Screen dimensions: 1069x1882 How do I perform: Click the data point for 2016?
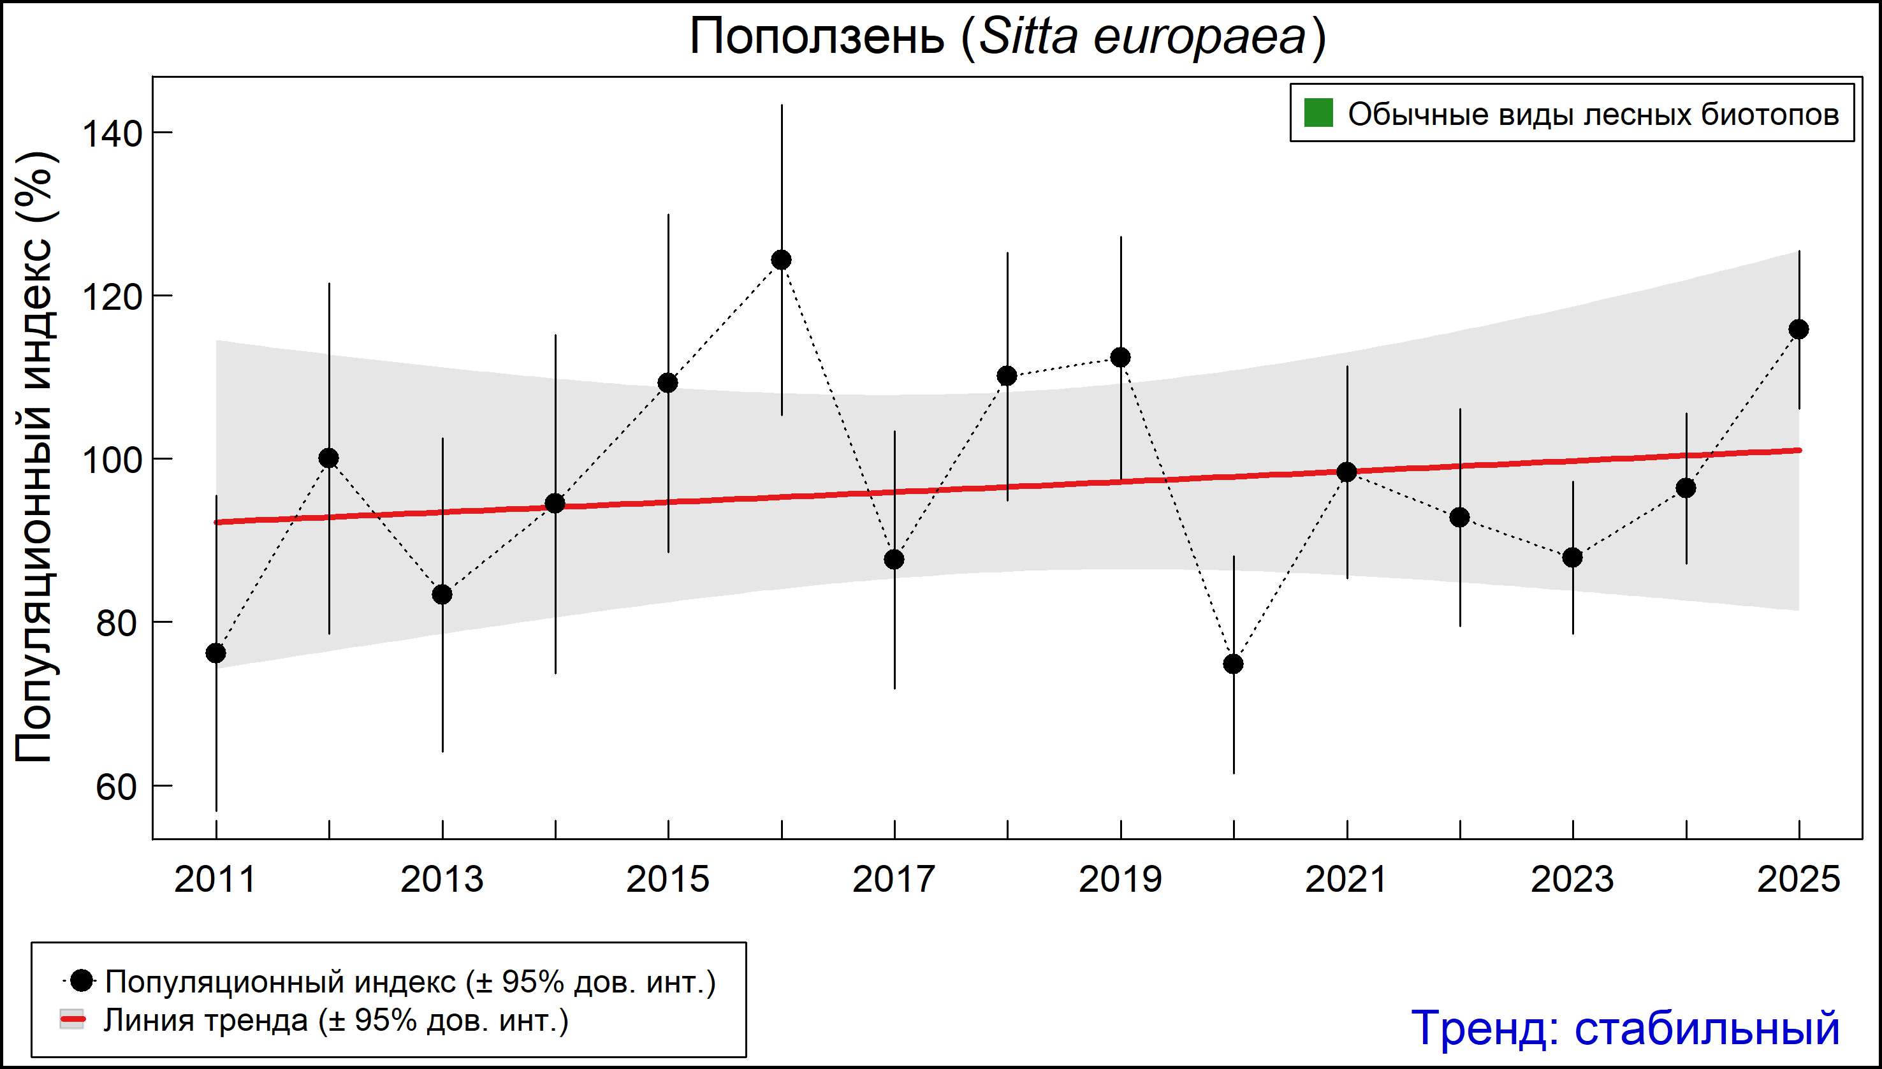click(x=781, y=260)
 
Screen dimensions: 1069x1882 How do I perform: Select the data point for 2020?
click(x=1234, y=664)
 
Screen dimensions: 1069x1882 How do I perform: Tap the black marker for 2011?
click(x=216, y=653)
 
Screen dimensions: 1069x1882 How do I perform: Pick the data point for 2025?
click(x=1798, y=329)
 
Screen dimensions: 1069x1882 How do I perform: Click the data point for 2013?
click(x=442, y=594)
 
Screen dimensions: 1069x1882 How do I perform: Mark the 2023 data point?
click(x=1572, y=557)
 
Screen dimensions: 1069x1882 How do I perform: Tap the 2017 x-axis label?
click(x=894, y=879)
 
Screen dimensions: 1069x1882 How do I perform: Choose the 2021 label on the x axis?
click(x=1346, y=879)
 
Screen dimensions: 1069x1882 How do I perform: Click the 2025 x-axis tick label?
click(x=1798, y=879)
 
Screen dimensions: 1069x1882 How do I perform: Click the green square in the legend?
click(x=1318, y=113)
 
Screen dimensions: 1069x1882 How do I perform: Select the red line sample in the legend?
click(x=72, y=1019)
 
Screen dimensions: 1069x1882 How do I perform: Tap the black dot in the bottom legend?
click(x=82, y=980)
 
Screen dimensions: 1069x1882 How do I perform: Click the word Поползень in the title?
click(x=817, y=37)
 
